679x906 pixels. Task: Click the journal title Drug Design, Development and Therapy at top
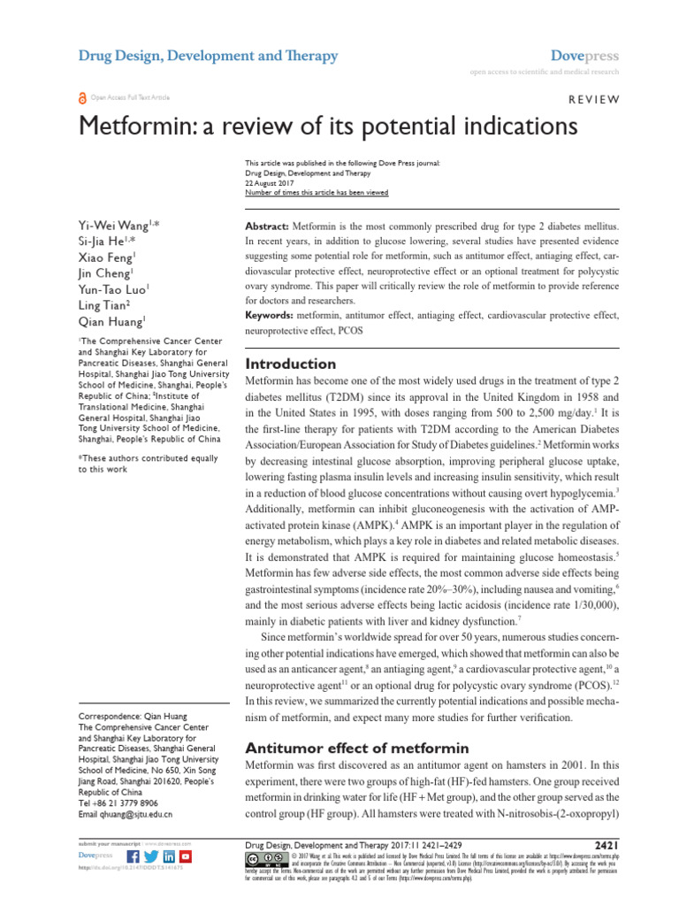[x=208, y=57]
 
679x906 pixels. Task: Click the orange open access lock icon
[x=83, y=98]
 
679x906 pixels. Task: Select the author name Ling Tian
[x=103, y=304]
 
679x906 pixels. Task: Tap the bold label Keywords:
[x=271, y=315]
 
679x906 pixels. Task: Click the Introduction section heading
[x=290, y=364]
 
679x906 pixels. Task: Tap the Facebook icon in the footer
[x=134, y=857]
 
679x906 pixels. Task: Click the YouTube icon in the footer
[x=185, y=857]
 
